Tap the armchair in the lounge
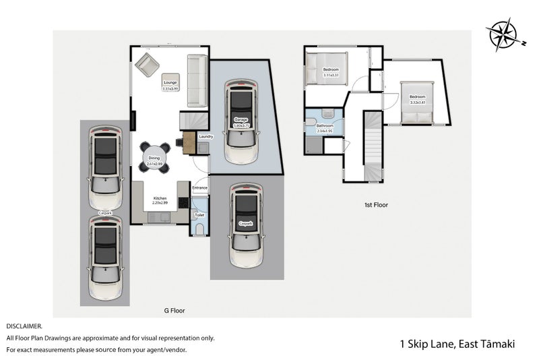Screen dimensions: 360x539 146,65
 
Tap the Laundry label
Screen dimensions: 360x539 205,137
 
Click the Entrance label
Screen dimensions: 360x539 200,187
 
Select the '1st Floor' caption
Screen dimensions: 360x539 375,204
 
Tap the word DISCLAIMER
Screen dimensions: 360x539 24,326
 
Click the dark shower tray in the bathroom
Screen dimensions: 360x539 314,144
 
